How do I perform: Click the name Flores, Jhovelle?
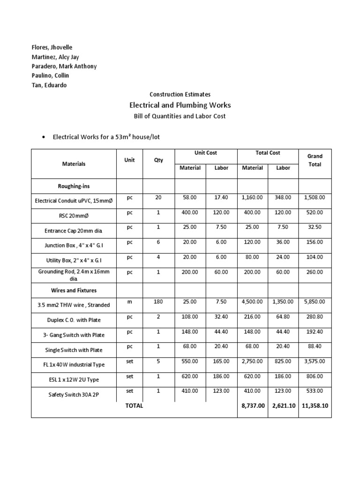click(x=52, y=48)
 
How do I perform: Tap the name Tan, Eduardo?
click(x=49, y=85)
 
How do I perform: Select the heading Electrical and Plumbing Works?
click(x=180, y=105)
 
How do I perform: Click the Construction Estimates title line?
click(x=180, y=94)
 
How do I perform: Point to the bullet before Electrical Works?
click(x=44, y=137)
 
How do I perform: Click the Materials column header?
click(x=74, y=164)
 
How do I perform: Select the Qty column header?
click(x=158, y=160)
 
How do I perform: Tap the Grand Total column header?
click(x=315, y=160)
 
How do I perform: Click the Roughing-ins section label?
click(x=74, y=186)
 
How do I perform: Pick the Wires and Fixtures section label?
click(x=74, y=291)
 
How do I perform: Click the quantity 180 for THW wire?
click(x=158, y=302)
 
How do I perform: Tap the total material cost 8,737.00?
click(x=252, y=406)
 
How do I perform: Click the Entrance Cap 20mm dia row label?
click(x=74, y=231)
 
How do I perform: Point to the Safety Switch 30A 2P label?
click(x=74, y=395)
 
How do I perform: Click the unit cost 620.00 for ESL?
click(x=190, y=376)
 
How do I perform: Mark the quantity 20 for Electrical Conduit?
click(x=158, y=198)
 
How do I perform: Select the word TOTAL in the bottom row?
click(x=134, y=406)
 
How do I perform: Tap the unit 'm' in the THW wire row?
click(x=129, y=302)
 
